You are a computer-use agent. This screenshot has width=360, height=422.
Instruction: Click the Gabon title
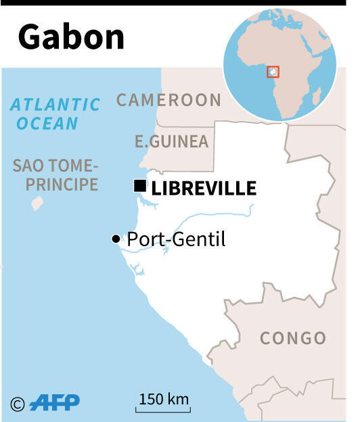tap(71, 38)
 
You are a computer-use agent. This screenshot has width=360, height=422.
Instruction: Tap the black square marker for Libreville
tap(140, 186)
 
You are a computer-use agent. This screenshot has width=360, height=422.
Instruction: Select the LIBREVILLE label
tap(204, 188)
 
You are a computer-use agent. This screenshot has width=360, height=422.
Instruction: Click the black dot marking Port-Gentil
tap(116, 239)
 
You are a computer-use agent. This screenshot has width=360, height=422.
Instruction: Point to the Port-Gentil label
tap(176, 239)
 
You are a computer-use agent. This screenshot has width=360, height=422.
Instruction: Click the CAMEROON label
tap(168, 100)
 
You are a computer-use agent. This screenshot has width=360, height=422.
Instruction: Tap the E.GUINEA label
tap(171, 141)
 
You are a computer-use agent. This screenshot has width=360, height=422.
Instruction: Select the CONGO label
tap(293, 337)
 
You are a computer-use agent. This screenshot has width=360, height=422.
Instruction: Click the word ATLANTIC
tap(55, 105)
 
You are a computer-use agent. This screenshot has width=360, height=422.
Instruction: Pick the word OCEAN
tap(47, 124)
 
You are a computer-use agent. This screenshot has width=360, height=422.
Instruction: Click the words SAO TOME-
tap(55, 166)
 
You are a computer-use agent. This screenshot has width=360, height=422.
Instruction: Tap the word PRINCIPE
tap(55, 184)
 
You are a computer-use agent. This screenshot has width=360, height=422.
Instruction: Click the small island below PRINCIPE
tap(37, 203)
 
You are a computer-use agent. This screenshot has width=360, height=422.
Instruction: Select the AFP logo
tap(54, 402)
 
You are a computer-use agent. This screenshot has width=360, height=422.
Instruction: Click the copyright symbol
tap(18, 403)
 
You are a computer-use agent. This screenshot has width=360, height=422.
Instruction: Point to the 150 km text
tap(164, 398)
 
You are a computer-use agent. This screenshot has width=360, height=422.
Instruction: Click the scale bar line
tap(164, 410)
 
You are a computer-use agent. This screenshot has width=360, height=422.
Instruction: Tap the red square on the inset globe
tap(273, 71)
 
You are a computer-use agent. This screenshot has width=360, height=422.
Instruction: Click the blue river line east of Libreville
tap(203, 216)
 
